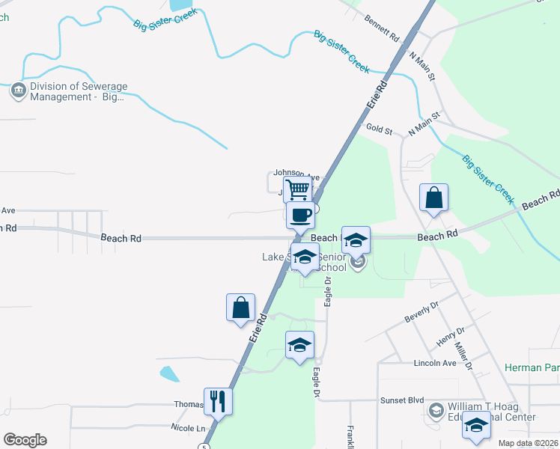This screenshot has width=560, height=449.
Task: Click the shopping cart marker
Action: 298,190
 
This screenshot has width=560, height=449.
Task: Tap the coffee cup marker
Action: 301,216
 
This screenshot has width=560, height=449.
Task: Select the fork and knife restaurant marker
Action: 218,401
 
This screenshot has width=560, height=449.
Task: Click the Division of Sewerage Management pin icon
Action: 17,91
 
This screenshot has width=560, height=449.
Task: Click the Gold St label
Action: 379,129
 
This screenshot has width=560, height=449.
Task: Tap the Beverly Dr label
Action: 421,312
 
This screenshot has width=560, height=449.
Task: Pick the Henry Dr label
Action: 450,336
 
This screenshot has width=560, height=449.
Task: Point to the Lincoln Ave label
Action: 435,363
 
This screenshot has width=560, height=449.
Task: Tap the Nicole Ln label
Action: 188,428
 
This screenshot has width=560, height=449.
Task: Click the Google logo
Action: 25,440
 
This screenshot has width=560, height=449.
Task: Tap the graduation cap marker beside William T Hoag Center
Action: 476,425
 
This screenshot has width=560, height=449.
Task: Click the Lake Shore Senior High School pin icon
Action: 357,261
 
